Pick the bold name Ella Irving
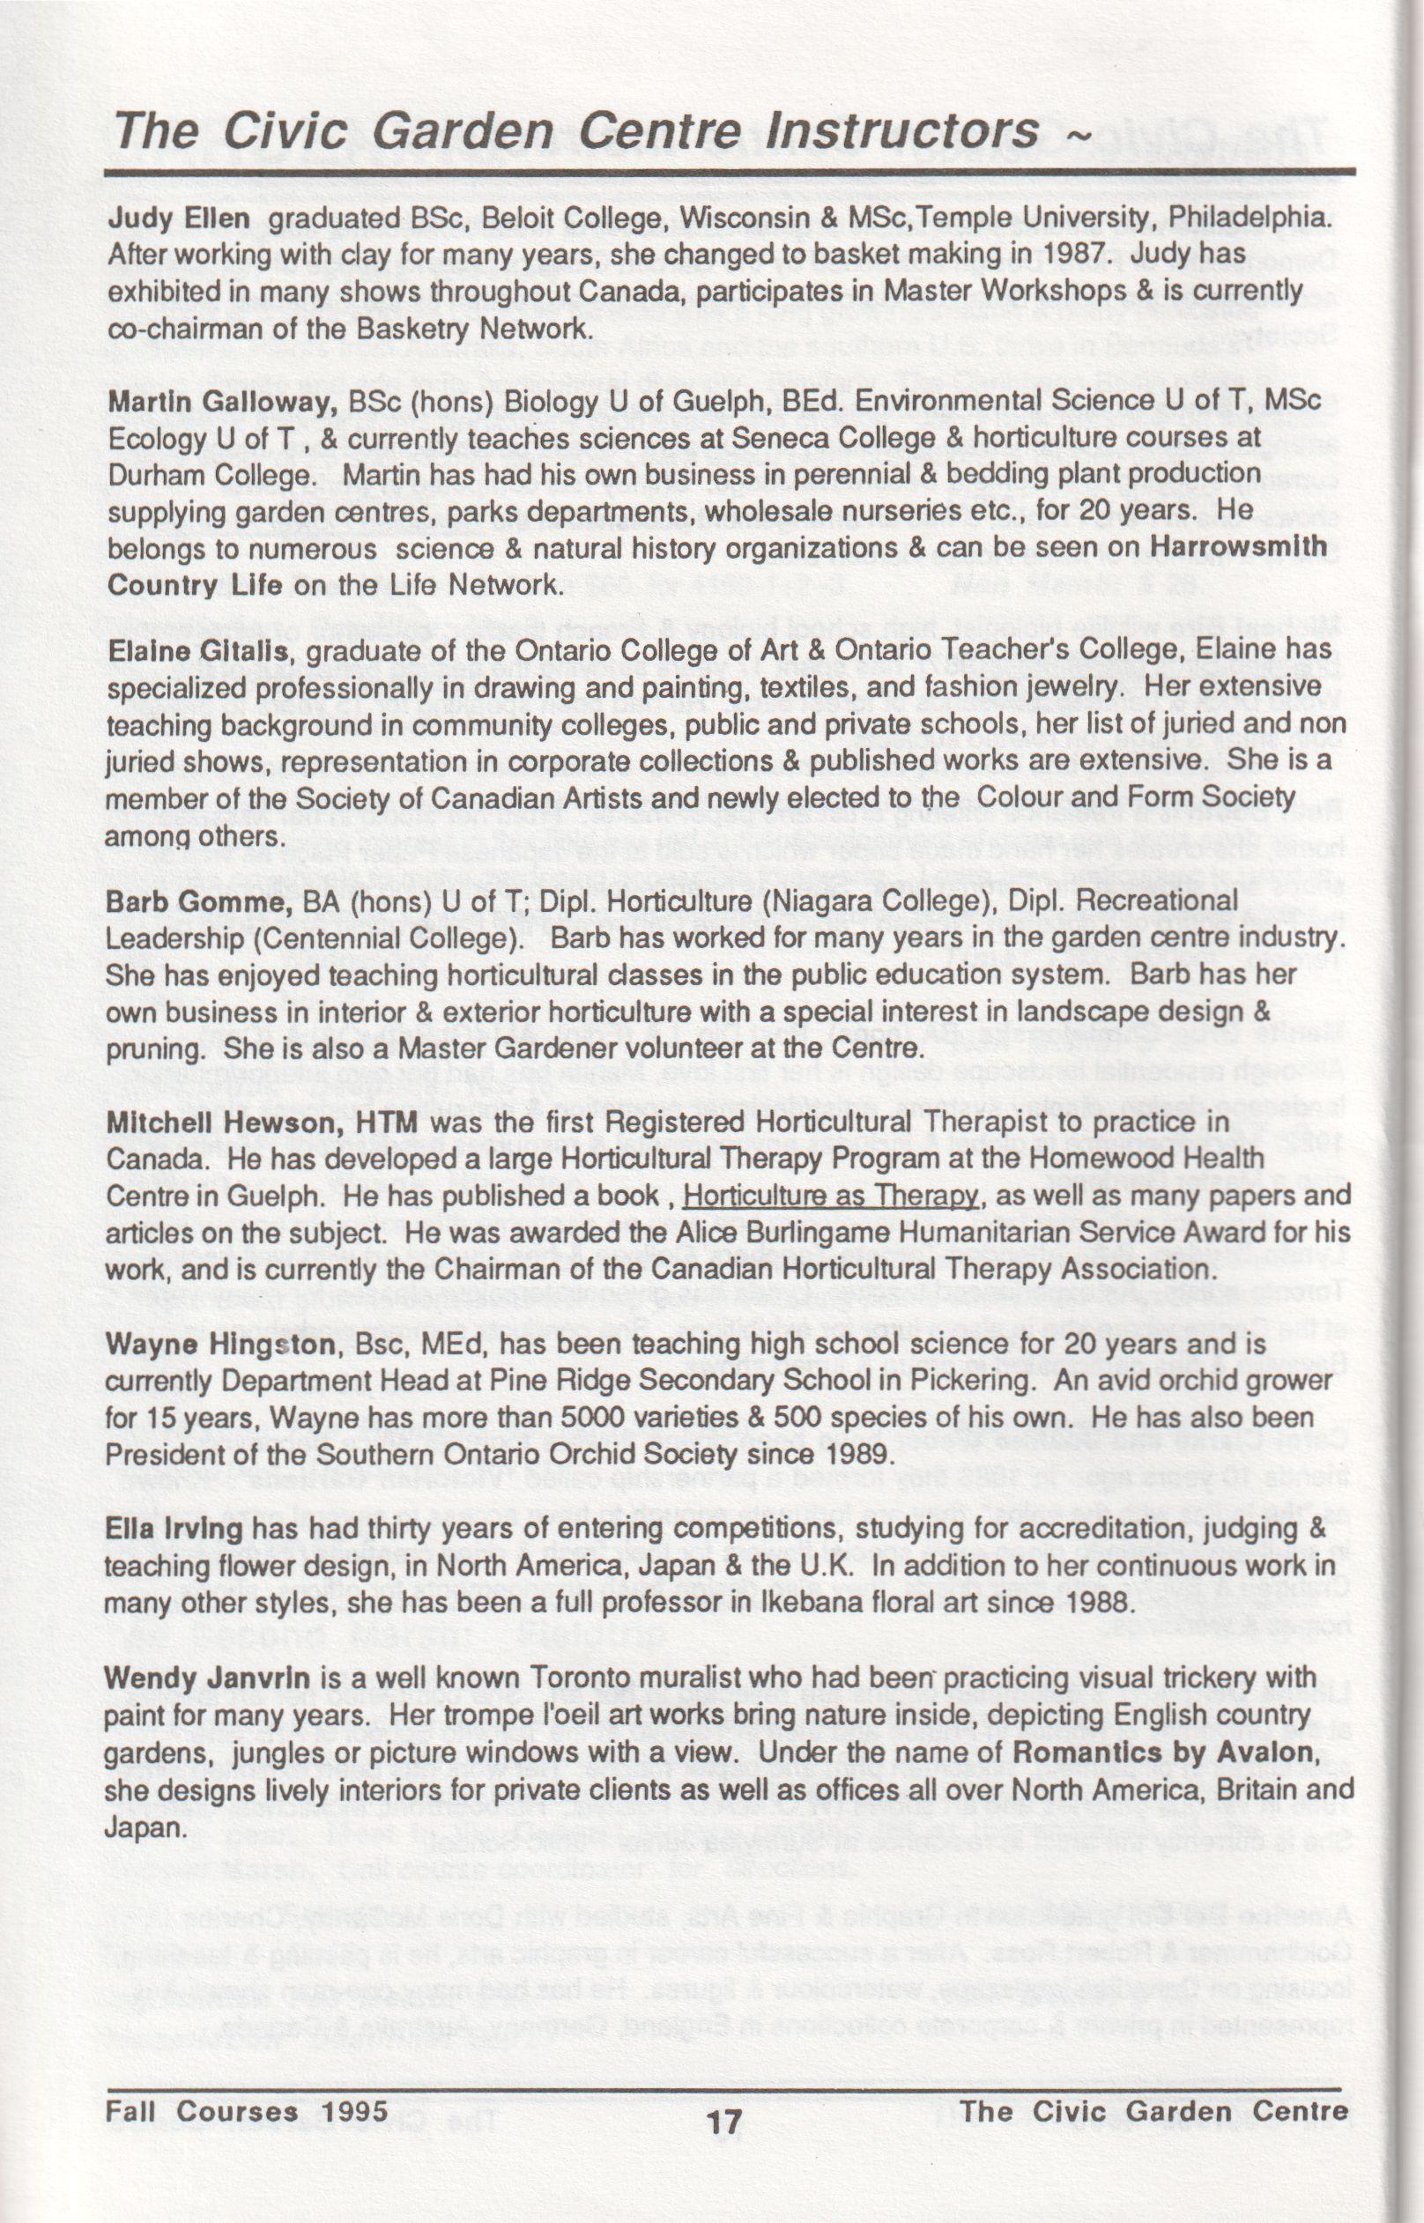click(x=174, y=1529)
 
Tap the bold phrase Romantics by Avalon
click(x=1163, y=1752)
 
